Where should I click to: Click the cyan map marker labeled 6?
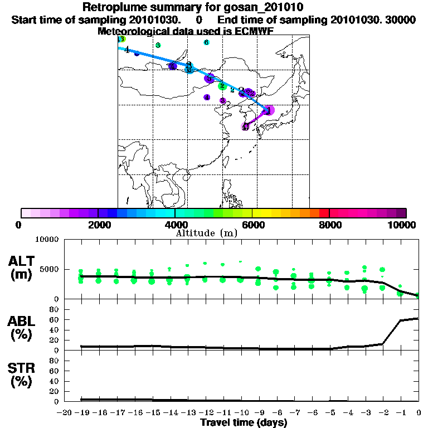click(x=206, y=42)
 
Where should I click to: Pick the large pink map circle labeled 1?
click(x=269, y=111)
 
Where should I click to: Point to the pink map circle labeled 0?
click(x=245, y=127)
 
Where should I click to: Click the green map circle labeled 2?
click(x=222, y=86)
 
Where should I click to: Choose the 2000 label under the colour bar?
click(x=98, y=225)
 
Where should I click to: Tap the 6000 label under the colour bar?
click(x=252, y=225)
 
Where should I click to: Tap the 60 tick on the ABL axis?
click(x=55, y=320)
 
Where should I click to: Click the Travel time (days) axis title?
click(x=244, y=422)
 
